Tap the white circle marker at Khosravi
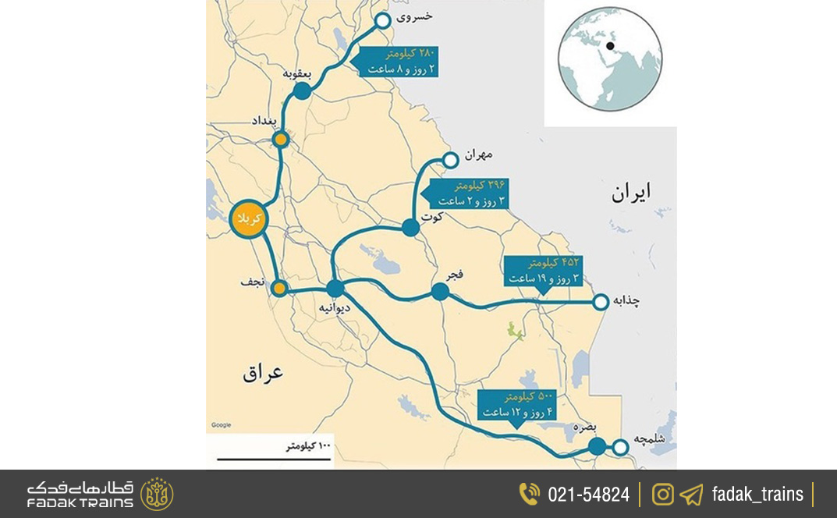click(x=383, y=21)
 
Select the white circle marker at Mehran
click(x=450, y=160)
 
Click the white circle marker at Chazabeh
click(x=601, y=302)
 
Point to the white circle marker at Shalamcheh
click(x=620, y=447)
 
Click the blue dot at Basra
click(x=597, y=446)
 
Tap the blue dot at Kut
click(x=410, y=228)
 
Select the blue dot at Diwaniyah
click(x=335, y=289)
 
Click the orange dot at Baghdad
click(x=281, y=140)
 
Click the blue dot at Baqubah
click(x=303, y=90)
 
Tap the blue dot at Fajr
click(x=440, y=292)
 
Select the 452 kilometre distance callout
click(x=544, y=271)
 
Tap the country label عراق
click(x=263, y=373)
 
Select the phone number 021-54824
click(x=588, y=495)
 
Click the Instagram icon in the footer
click(x=663, y=495)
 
